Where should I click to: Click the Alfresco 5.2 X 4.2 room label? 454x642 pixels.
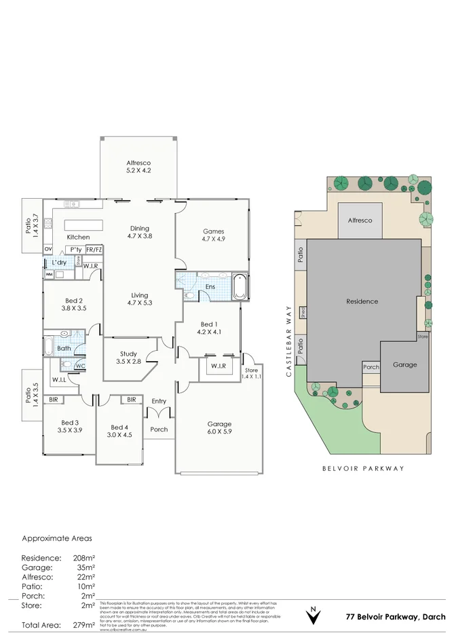[138, 167]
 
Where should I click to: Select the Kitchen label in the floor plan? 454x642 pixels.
[78, 237]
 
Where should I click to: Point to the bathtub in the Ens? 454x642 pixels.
[240, 287]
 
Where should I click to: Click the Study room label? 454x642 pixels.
[128, 354]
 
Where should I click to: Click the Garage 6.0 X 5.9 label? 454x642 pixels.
[219, 428]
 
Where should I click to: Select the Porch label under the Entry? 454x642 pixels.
[159, 429]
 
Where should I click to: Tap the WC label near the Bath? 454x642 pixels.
[79, 366]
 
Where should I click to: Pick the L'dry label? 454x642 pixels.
[59, 262]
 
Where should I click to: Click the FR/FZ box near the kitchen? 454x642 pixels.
[94, 249]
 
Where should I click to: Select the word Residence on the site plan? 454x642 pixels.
[362, 301]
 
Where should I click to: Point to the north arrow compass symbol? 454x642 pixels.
[312, 616]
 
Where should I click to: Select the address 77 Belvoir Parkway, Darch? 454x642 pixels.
[396, 617]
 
